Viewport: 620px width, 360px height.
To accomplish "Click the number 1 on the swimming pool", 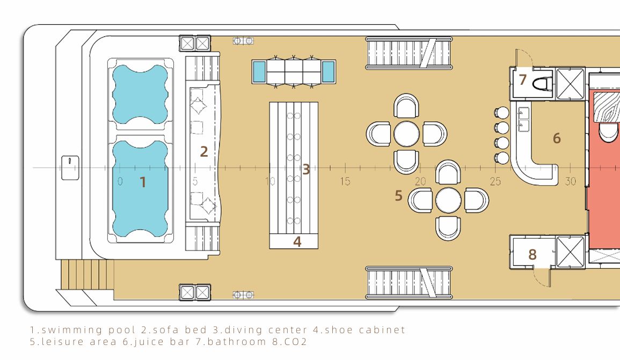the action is click(143, 182).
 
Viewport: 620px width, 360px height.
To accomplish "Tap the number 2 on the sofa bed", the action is click(204, 151).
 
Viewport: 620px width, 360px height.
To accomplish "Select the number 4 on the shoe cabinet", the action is click(297, 241).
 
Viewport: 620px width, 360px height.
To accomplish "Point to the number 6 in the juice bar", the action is click(557, 138).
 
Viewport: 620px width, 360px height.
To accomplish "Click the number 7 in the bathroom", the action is click(523, 79).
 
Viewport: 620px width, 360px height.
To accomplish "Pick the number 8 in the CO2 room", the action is click(532, 254).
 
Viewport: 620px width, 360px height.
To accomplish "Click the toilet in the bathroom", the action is click(542, 84).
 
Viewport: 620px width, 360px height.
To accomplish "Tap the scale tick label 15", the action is click(345, 181).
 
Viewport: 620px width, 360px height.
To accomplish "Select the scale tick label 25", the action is click(495, 181).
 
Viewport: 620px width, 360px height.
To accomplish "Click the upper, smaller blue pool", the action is click(140, 94).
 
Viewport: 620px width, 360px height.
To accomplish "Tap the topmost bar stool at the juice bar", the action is click(502, 113).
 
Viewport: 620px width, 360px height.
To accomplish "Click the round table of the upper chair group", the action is click(406, 134).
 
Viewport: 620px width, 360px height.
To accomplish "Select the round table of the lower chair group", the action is click(448, 200).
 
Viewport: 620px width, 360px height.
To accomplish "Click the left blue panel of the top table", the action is click(259, 72).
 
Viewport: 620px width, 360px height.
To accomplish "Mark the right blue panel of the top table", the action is click(328, 72).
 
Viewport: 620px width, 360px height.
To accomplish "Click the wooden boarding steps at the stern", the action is click(87, 275).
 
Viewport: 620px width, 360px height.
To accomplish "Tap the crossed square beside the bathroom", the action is click(570, 84).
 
